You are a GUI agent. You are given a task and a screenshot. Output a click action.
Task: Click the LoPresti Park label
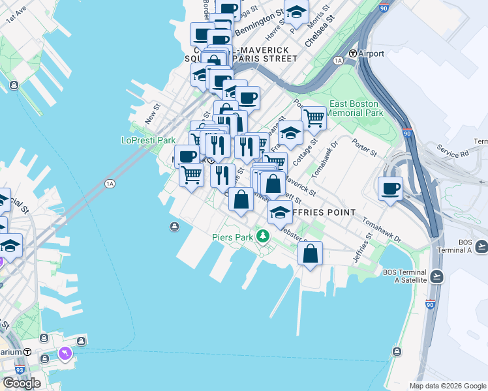[149, 140]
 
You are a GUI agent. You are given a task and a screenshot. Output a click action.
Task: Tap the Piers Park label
[232, 237]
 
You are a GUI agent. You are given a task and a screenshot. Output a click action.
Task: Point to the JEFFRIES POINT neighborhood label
[322, 212]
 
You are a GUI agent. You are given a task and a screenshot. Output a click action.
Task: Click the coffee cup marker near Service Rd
[390, 189]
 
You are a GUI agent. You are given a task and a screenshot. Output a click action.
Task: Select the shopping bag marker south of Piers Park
[311, 253]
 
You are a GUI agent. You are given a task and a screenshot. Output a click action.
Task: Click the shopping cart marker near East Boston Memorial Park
[314, 119]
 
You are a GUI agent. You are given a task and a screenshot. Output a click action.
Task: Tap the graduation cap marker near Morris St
[296, 13]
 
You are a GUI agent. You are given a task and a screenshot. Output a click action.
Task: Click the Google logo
[22, 383]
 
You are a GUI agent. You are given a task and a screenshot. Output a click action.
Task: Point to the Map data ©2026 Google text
[448, 386]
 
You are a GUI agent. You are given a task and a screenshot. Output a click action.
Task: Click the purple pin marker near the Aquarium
[65, 353]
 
